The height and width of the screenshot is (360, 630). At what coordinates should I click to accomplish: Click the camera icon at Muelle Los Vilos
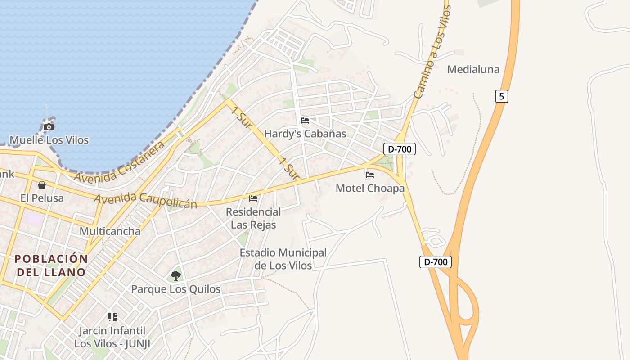49,127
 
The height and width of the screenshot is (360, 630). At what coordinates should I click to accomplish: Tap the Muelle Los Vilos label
49,140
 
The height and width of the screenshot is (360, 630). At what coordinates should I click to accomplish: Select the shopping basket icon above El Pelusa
42,185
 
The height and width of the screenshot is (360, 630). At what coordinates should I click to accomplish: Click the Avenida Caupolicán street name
145,201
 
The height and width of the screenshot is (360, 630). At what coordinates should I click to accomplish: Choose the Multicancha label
110,231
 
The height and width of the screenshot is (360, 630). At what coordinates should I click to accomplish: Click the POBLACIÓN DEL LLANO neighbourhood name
51,265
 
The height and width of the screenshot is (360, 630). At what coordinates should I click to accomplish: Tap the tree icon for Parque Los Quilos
176,275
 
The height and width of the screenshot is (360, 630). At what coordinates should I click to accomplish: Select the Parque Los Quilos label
176,289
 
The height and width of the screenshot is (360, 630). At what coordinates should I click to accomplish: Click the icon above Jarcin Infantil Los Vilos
112,317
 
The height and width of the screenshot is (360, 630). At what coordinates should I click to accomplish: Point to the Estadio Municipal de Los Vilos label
283,259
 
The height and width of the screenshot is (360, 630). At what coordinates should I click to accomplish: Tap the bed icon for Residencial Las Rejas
253,198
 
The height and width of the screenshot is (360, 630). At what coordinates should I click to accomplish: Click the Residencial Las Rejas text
253,218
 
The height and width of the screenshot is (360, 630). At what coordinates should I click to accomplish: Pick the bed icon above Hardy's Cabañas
305,121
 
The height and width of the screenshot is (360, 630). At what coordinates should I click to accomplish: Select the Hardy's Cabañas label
305,134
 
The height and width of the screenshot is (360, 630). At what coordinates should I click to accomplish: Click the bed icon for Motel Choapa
370,175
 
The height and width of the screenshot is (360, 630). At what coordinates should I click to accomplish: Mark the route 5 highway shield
502,96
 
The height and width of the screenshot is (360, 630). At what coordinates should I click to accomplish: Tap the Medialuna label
473,69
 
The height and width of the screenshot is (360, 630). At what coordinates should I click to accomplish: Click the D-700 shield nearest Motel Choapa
399,149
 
